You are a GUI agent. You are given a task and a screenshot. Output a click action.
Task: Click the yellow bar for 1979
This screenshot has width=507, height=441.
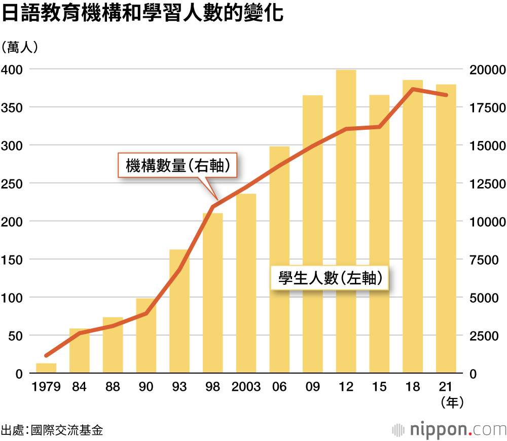click(46, 368)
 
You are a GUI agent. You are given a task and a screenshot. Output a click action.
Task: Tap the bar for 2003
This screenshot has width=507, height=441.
click(246, 283)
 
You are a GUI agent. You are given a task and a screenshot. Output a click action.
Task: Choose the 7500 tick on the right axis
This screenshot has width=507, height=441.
click(487, 260)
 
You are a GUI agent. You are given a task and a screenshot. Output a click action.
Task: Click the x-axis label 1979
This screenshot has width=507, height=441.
click(46, 387)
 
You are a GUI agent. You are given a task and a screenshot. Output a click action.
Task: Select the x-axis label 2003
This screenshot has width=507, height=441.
click(246, 387)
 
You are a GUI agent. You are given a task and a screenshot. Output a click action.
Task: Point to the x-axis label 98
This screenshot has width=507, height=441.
click(212, 387)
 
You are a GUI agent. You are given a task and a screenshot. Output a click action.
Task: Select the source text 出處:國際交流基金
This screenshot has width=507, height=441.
click(52, 430)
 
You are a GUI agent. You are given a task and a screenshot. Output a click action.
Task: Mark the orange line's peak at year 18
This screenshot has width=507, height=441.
click(413, 89)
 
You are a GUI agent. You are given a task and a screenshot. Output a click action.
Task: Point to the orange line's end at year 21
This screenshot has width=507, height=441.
click(446, 95)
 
